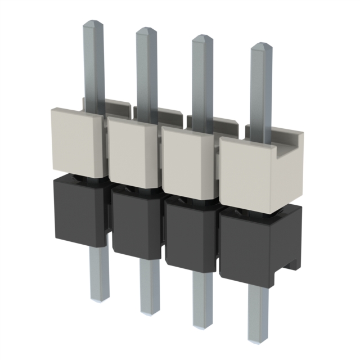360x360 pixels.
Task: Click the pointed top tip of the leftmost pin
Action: (93, 22)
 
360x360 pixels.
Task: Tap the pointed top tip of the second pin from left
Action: (146, 29)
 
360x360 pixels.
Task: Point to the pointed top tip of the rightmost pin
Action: (260, 44)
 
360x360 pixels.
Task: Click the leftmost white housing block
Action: (75, 141)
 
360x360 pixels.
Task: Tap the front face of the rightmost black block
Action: (245, 247)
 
